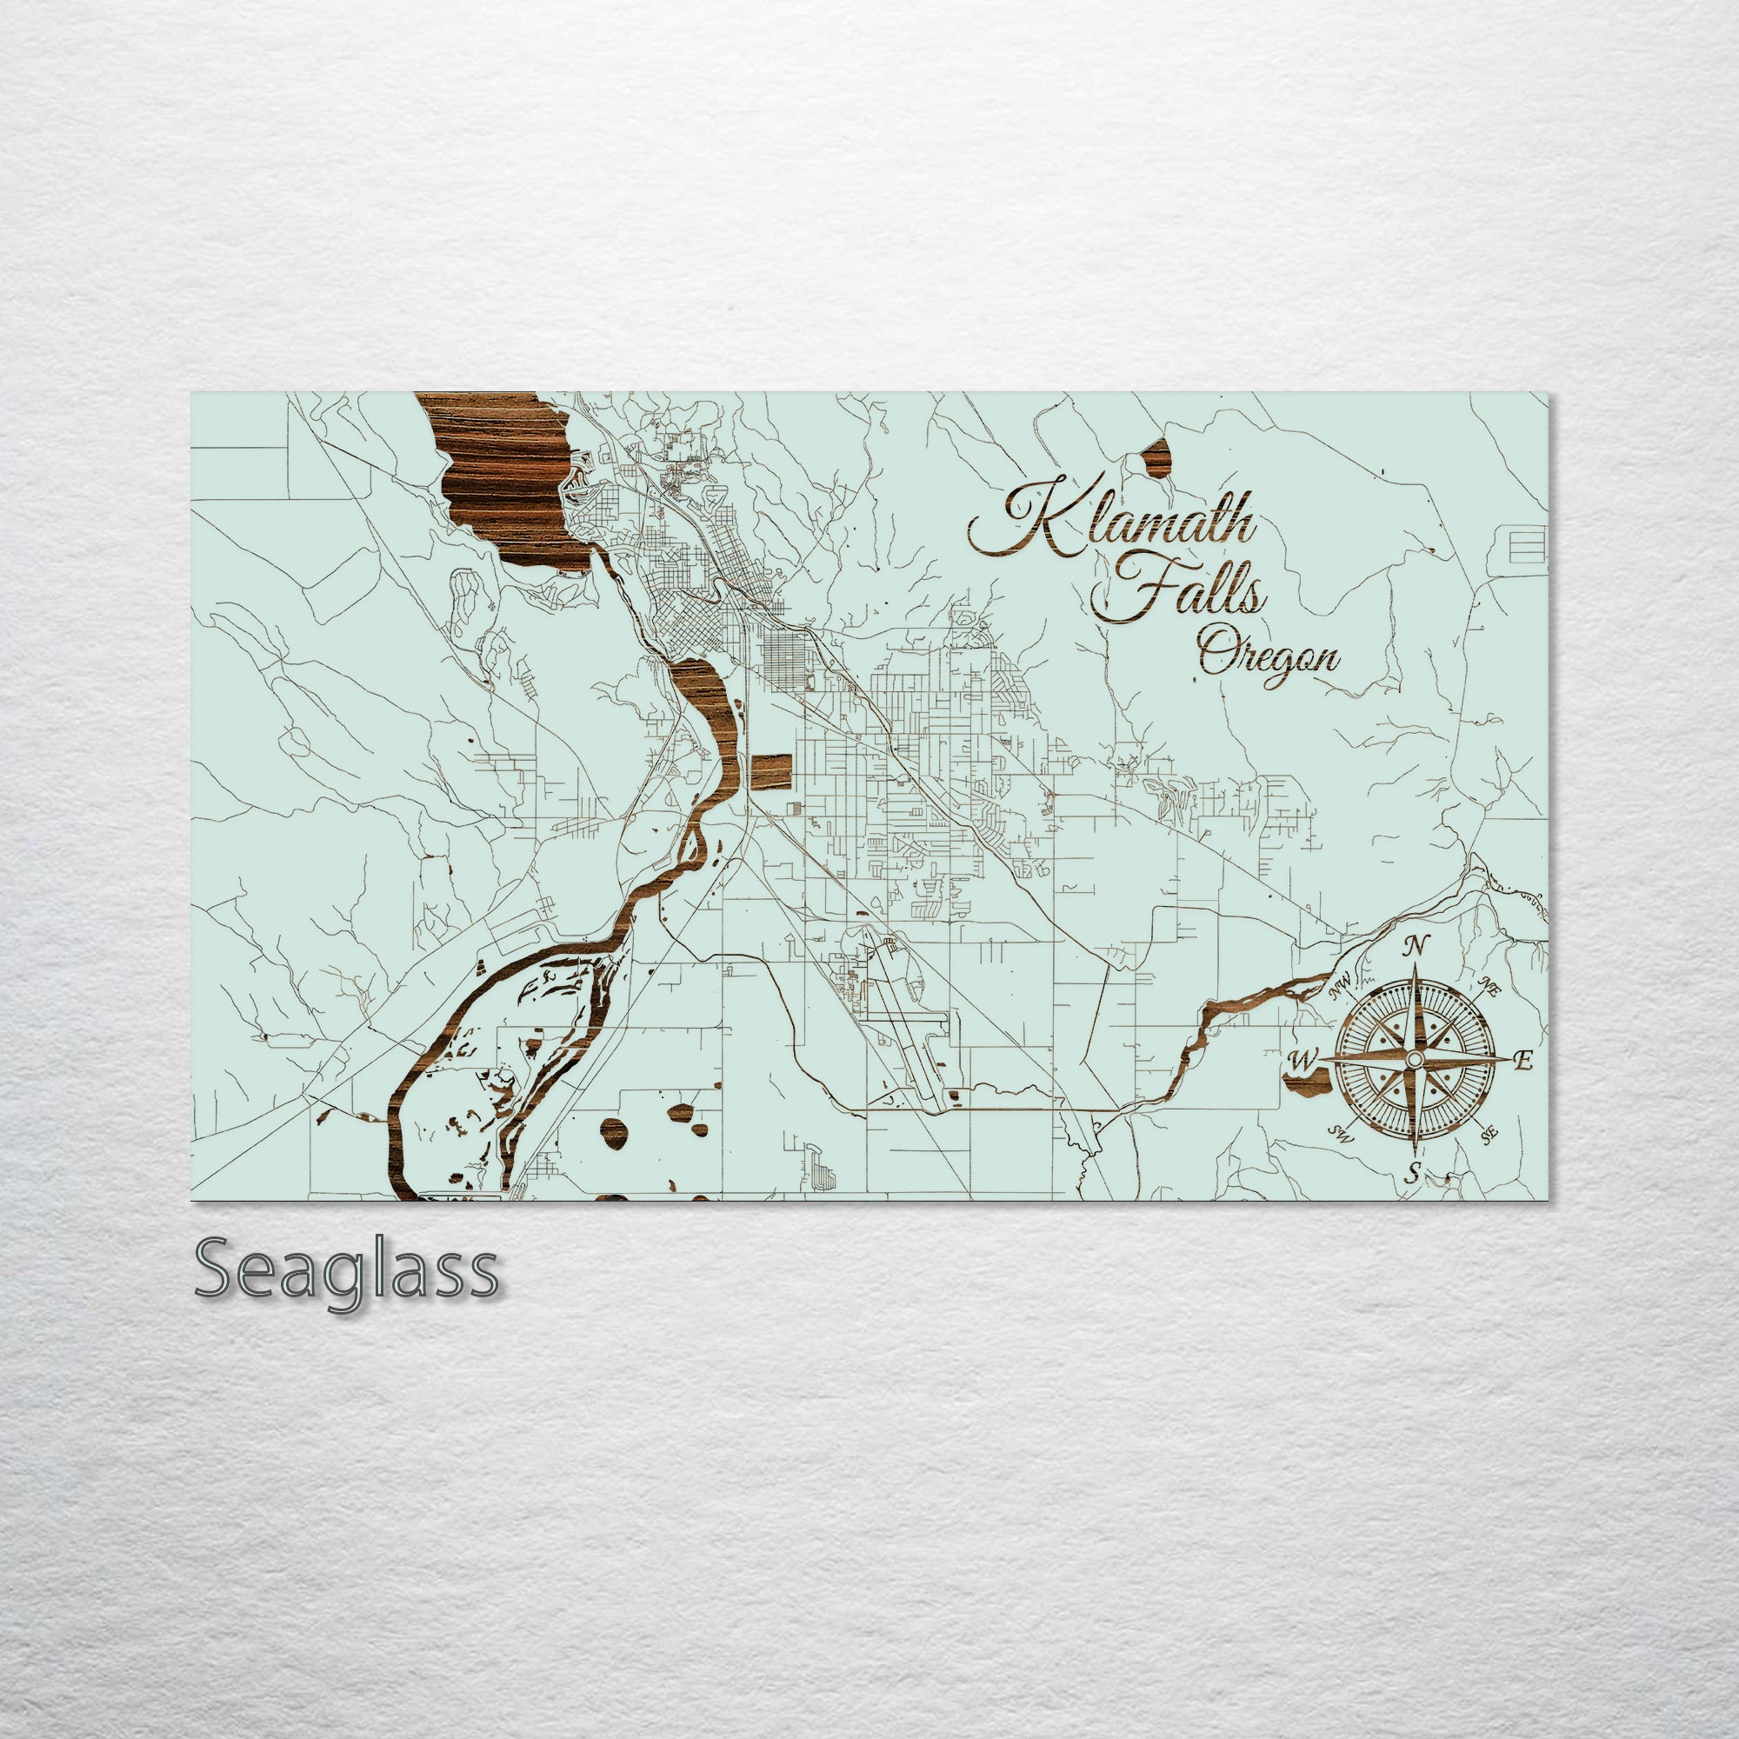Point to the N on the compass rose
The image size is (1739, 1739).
coord(1416,946)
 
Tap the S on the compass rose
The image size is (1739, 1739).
coord(1413,1172)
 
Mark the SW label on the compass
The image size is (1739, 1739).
coord(1341,1134)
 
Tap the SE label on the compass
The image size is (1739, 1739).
coord(1489,1135)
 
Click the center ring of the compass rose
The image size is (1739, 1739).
coord(1414,1060)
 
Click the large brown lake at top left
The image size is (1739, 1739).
coord(504,477)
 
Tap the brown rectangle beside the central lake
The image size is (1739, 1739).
coord(770,772)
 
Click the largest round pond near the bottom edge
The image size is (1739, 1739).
coord(614,1130)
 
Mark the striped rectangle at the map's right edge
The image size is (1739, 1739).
coord(1528,545)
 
